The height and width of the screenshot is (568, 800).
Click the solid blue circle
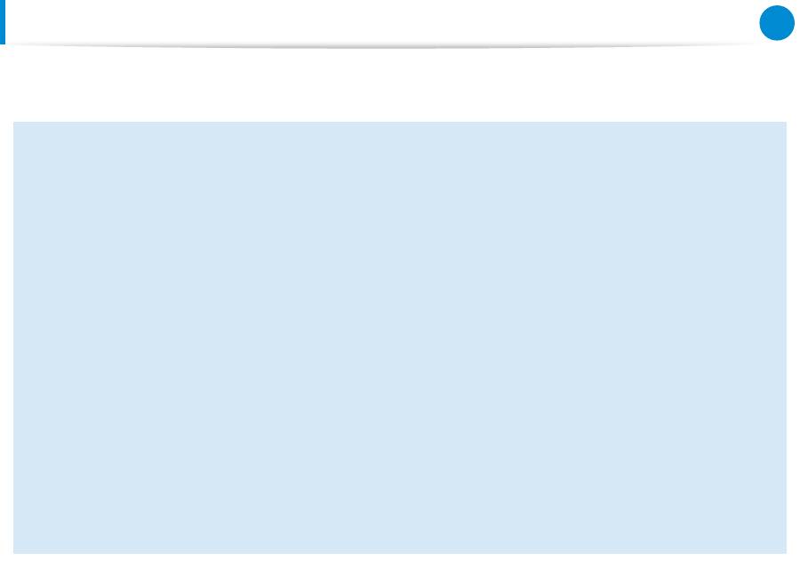[x=776, y=24]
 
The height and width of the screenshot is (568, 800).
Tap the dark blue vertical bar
[x=3, y=21]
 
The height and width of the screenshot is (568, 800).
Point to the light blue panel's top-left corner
[x=14, y=124]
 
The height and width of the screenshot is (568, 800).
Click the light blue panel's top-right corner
[x=786, y=124]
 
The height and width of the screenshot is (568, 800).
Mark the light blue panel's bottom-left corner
[x=14, y=552]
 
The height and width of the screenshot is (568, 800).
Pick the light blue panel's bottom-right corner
[x=786, y=552]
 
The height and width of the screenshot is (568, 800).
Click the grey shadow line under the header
[x=382, y=45]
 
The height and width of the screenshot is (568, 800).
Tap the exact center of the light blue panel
[x=400, y=338]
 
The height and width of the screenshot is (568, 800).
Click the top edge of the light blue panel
[x=400, y=124]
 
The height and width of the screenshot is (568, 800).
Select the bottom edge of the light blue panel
[x=400, y=552]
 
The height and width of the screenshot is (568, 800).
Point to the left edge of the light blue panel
[x=14, y=338]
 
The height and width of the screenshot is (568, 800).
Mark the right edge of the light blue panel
[x=786, y=338]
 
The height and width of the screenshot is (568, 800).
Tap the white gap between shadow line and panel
[x=400, y=84]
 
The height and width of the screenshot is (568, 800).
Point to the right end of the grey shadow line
[x=756, y=44]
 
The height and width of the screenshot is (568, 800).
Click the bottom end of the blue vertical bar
[x=3, y=42]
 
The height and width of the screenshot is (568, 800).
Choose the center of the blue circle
[x=776, y=24]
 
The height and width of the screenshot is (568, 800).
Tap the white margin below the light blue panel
[x=400, y=561]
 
